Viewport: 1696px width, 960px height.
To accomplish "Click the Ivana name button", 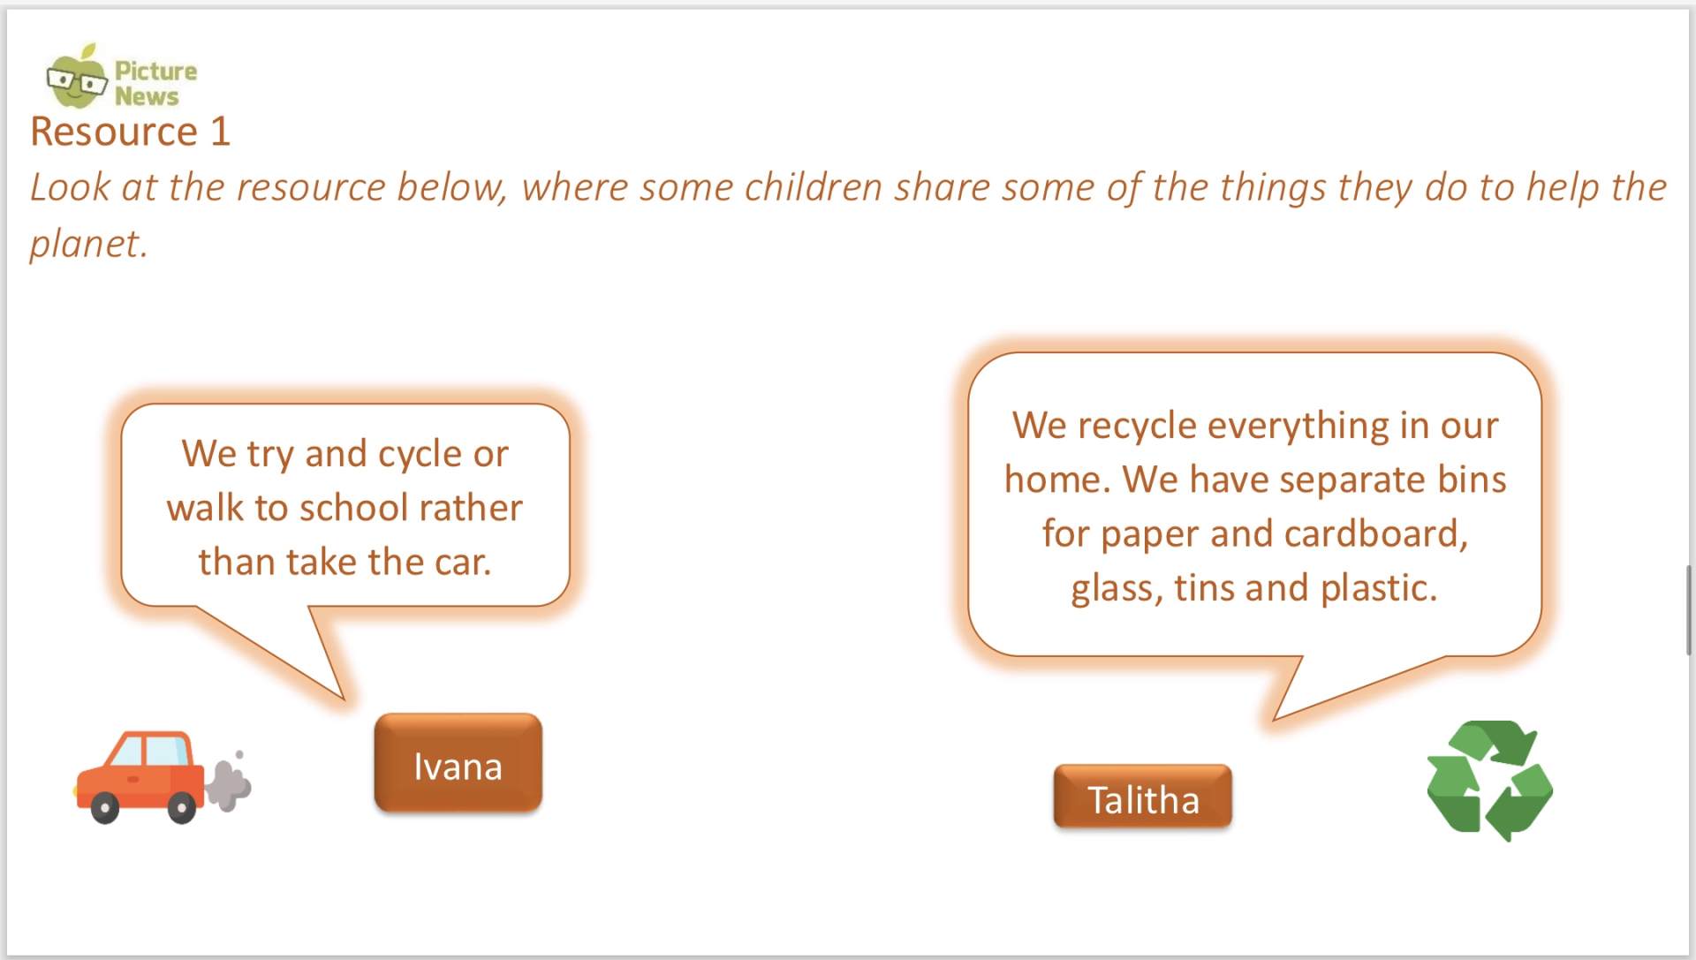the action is [458, 763].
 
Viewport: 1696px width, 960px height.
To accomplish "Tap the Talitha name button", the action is [1142, 797].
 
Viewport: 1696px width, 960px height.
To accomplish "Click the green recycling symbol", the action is [1489, 780].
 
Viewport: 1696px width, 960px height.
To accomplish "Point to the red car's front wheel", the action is [104, 807].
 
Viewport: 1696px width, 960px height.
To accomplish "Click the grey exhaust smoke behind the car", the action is [229, 781].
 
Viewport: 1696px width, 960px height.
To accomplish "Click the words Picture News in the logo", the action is [155, 83].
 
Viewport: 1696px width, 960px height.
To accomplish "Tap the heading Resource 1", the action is [130, 132].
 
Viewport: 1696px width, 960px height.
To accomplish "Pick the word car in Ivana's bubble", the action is [461, 563].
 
